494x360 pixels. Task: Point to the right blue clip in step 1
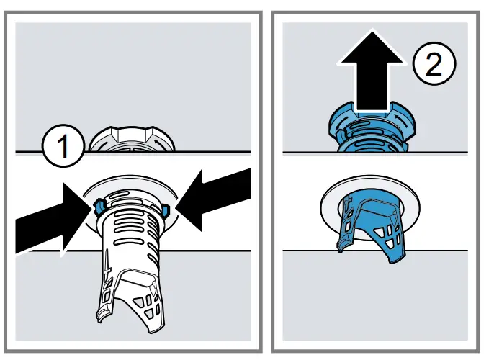click(x=164, y=210)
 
